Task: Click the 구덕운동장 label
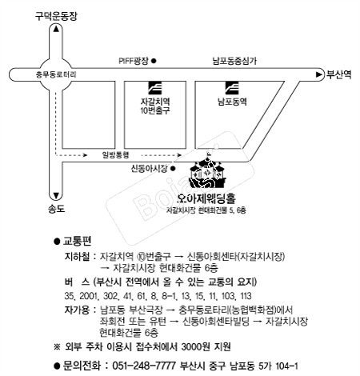(56, 16)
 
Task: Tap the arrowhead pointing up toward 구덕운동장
(56, 29)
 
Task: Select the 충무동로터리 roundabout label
(56, 74)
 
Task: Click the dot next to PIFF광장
(154, 61)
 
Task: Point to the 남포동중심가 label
(234, 61)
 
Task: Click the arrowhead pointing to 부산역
(319, 74)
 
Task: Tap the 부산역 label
(339, 74)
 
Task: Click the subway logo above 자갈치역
(155, 88)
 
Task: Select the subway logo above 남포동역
(232, 88)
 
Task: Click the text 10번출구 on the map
(155, 110)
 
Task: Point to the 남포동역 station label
(232, 102)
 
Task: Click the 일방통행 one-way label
(116, 154)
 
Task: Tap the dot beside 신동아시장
(173, 169)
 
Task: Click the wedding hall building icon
(207, 171)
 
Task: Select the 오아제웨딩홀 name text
(206, 198)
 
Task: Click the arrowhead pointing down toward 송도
(56, 196)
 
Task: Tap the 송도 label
(56, 209)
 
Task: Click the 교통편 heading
(77, 241)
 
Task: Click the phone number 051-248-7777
(144, 366)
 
